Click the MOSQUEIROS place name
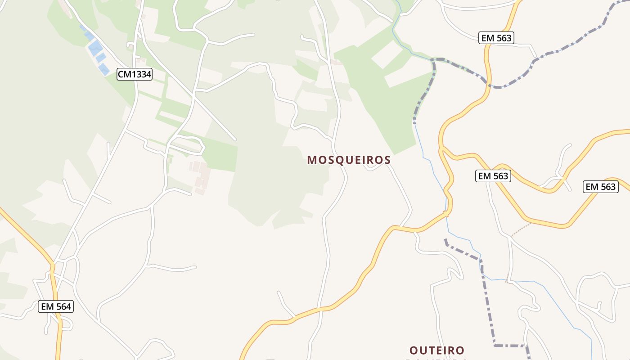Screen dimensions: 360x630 349,160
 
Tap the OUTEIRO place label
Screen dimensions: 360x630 436,350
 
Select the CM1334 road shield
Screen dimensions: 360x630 135,74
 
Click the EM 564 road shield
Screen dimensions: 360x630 56,307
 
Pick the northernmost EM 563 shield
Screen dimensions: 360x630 496,38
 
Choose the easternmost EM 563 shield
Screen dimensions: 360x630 600,187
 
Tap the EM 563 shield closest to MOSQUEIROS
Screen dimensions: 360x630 493,176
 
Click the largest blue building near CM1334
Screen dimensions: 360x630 95,47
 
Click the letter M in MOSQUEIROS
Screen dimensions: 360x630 312,160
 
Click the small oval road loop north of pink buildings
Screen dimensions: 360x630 187,145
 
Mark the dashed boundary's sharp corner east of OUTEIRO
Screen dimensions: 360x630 495,345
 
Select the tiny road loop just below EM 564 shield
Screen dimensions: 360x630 66,323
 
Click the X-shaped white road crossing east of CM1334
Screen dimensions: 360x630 193,95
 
